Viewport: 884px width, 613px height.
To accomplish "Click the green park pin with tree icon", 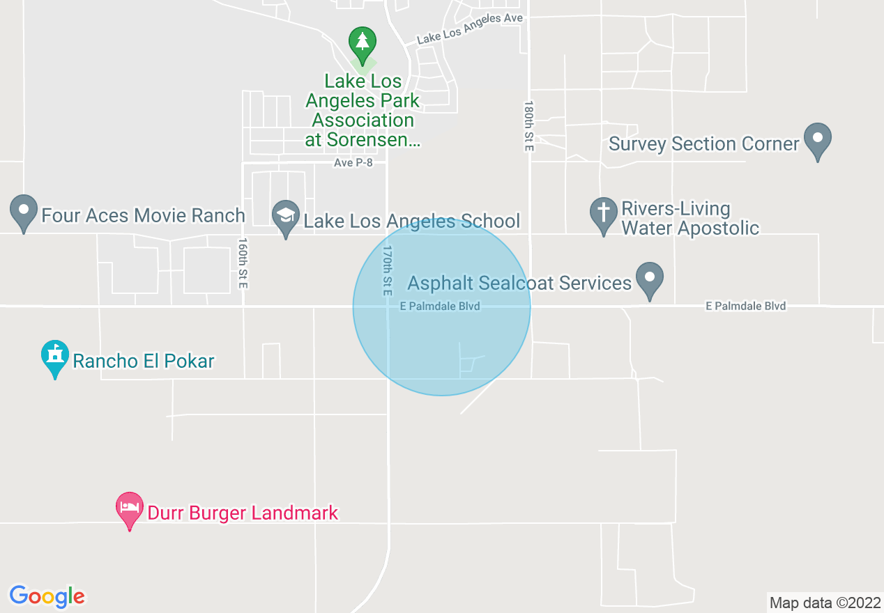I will (x=362, y=43).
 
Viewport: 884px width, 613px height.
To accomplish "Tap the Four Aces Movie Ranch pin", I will (x=24, y=211).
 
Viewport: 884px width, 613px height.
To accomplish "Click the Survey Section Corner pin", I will (x=818, y=139).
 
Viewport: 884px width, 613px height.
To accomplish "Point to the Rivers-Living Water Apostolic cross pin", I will (x=603, y=214).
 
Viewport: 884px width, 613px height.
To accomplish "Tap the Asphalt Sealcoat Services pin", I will (x=650, y=278).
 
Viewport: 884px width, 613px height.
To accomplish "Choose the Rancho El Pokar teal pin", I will (x=55, y=356).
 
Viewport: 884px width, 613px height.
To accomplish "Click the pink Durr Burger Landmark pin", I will (x=130, y=509).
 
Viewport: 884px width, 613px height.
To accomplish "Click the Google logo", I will (x=47, y=596).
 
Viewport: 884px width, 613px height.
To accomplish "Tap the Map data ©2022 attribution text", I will (x=825, y=603).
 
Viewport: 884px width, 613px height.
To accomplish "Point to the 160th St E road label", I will (x=243, y=264).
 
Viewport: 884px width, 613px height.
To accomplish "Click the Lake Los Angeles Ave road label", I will (x=469, y=29).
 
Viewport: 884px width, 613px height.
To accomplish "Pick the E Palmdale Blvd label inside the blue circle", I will (x=440, y=306).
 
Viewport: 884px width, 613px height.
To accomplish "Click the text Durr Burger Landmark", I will (x=243, y=513).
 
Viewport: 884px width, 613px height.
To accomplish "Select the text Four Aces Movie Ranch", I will (x=143, y=215).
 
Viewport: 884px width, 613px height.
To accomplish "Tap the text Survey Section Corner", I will (x=703, y=144).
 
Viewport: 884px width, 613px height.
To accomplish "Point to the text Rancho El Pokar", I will (x=144, y=361).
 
